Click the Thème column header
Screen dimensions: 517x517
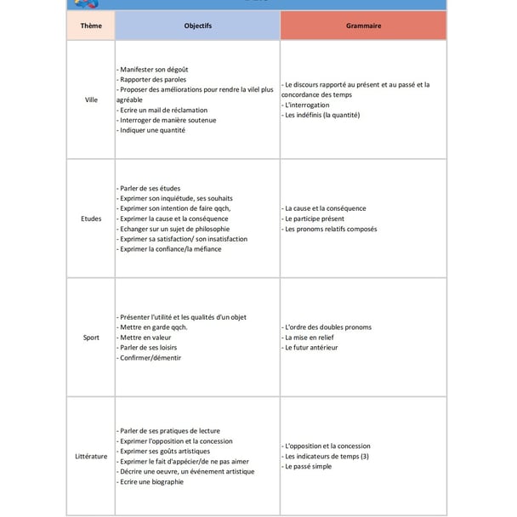[91, 26]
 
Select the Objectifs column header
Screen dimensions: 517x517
[197, 26]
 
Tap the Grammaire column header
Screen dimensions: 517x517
[363, 26]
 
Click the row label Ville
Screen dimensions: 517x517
[91, 99]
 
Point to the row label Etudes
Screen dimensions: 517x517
[91, 219]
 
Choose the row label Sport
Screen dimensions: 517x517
[91, 338]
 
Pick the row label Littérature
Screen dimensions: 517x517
[91, 457]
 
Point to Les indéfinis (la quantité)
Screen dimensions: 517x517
[321, 116]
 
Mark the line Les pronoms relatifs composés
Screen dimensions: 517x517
[330, 229]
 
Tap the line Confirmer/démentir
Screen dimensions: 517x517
[151, 358]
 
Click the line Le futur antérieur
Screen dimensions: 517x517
[310, 348]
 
